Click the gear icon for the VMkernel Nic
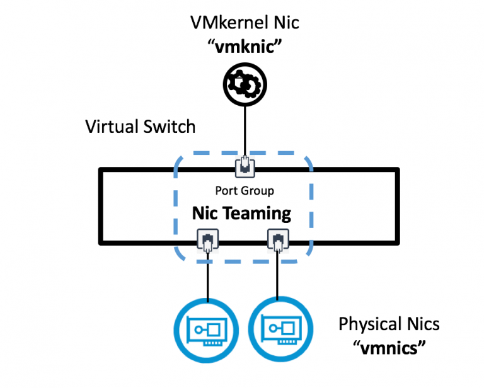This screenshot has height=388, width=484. [x=245, y=83]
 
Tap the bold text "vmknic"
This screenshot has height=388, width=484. [x=245, y=45]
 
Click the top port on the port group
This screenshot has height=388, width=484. [x=245, y=168]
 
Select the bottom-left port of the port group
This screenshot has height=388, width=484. [x=208, y=241]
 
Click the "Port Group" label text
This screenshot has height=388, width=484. [x=245, y=190]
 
